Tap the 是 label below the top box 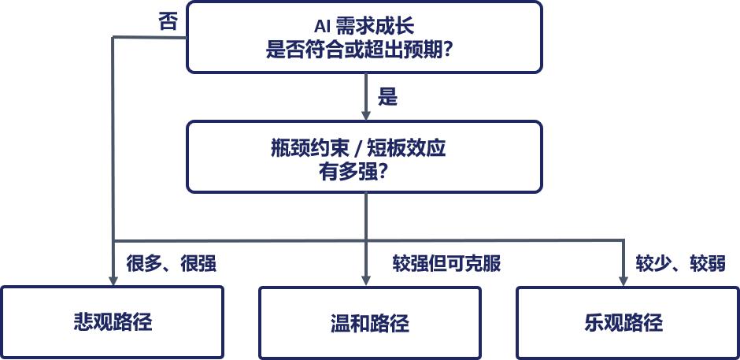[x=387, y=98]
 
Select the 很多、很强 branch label [x=172, y=263]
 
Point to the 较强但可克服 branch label [x=446, y=263]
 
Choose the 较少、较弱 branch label [x=680, y=263]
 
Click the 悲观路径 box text [x=113, y=322]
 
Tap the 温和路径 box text [x=369, y=323]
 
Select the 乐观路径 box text [x=623, y=322]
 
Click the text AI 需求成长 [x=364, y=26]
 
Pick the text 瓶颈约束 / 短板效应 [x=358, y=148]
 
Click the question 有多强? [x=353, y=172]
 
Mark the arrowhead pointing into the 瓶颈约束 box [x=365, y=115]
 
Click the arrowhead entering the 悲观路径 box [x=113, y=280]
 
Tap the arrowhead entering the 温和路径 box [x=366, y=280]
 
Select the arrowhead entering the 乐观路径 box [x=623, y=280]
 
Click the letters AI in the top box [x=322, y=27]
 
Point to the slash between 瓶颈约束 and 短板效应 [x=358, y=149]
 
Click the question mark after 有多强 [x=383, y=173]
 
